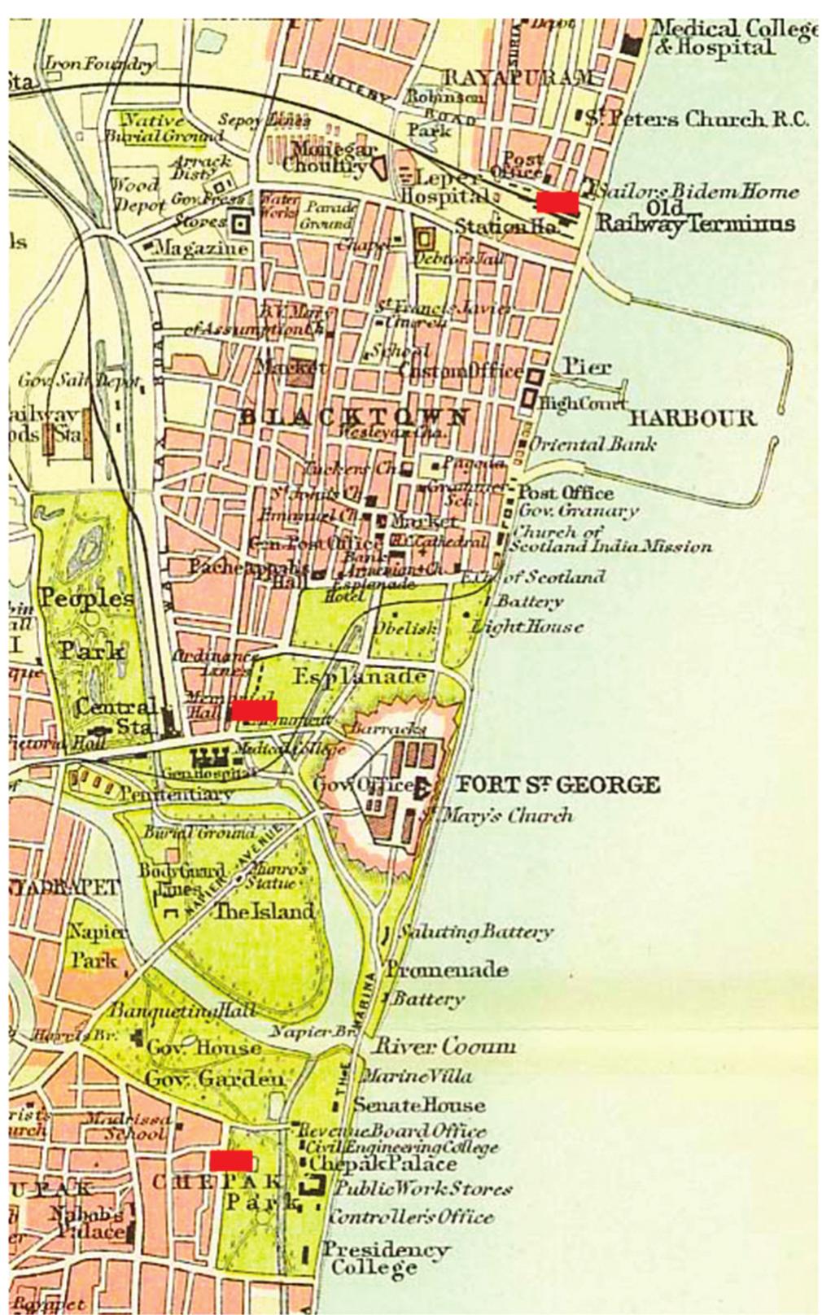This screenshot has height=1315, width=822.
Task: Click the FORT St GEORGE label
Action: coord(557,785)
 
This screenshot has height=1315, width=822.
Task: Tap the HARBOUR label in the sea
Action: coord(692,419)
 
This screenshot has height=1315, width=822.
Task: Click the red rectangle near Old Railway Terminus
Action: coord(557,201)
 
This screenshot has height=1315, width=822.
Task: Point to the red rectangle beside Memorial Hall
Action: coord(255,710)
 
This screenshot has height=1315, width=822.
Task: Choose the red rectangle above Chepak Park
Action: coord(230,1160)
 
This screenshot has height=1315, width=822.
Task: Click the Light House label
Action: coord(527,627)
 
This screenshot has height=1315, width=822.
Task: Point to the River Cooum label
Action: coord(444,1046)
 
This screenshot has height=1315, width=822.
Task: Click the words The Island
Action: coord(264,911)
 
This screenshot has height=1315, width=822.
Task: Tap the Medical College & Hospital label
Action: coord(732,38)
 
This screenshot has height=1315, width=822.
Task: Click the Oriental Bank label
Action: coord(592,445)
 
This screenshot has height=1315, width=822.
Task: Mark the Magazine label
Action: coord(200,247)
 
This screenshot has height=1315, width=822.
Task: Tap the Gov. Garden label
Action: coord(216,1079)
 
